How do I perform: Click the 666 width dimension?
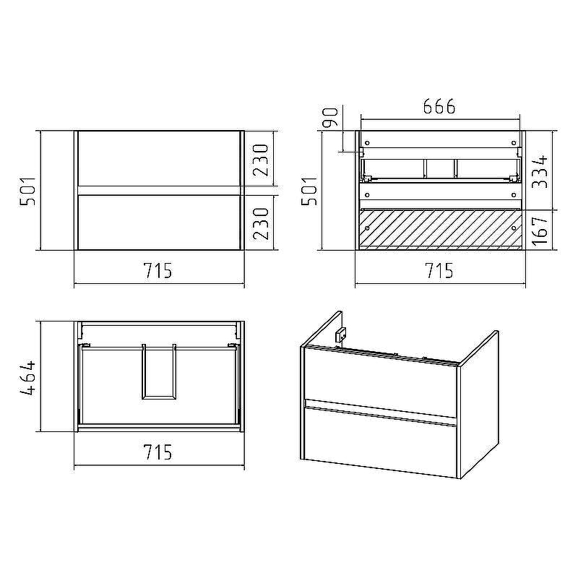(x=439, y=106)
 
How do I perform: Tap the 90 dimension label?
(x=330, y=117)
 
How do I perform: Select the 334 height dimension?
(x=540, y=172)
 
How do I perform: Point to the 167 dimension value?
(x=540, y=230)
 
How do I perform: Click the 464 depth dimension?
(x=28, y=378)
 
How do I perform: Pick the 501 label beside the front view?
(x=28, y=191)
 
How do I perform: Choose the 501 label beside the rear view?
(x=310, y=191)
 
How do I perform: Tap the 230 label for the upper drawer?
(x=261, y=160)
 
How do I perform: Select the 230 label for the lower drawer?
(x=261, y=224)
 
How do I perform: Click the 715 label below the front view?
(x=158, y=270)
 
